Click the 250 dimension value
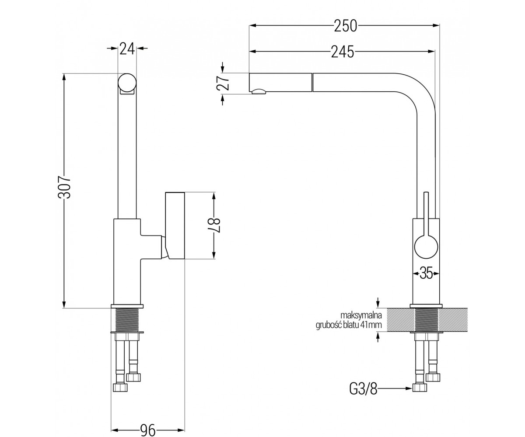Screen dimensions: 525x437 pos(345,26)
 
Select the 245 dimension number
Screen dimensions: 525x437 pos(342,52)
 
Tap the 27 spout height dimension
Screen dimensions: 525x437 pos(223,83)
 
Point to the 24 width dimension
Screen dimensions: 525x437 pos(127,49)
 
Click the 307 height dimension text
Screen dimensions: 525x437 pos(64,187)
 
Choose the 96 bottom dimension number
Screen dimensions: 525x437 pos(148,430)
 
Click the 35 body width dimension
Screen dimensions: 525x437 pos(426,273)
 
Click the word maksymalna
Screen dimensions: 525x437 pos(361,315)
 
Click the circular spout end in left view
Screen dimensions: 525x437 pos(127,83)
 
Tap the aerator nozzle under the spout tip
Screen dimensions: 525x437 pos(259,91)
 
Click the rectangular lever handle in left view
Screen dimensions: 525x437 pos(175,225)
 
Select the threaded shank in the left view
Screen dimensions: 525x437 pos(127,320)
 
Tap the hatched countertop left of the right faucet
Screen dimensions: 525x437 pos(400,320)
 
